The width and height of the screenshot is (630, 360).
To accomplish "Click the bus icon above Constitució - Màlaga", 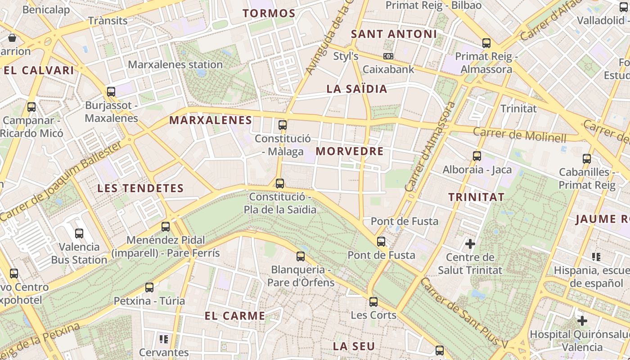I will [x=283, y=125].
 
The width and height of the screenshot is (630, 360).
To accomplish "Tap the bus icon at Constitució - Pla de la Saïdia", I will [x=280, y=183].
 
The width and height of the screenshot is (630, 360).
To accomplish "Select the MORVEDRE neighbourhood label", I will [x=350, y=151].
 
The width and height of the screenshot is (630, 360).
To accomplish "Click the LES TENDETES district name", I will [x=141, y=188].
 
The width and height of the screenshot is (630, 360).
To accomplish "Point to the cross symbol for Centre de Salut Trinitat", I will [x=470, y=244].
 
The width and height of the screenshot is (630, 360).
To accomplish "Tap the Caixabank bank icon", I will [x=388, y=56].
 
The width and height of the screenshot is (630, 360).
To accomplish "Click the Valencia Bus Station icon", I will [x=79, y=233].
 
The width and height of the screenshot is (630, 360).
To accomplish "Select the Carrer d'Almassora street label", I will [x=430, y=147].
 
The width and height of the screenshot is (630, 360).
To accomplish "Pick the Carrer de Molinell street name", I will [x=519, y=135].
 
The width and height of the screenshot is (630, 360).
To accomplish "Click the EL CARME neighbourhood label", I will [x=235, y=316].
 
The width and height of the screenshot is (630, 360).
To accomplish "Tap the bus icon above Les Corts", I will [x=373, y=301].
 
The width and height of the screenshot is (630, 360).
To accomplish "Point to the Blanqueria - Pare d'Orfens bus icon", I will [x=301, y=256].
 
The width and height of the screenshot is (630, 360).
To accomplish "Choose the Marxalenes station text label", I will [x=175, y=64].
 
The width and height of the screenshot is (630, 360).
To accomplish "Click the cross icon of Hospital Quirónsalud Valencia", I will [x=582, y=321].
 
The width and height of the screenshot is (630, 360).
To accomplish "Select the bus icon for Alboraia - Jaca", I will [x=477, y=156].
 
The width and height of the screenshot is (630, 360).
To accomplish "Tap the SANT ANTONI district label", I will [x=394, y=34].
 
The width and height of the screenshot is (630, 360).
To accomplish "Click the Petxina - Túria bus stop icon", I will [x=149, y=287].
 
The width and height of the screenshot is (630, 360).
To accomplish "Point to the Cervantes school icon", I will [x=164, y=338].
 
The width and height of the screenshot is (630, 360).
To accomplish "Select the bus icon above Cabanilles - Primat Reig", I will [x=587, y=158].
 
